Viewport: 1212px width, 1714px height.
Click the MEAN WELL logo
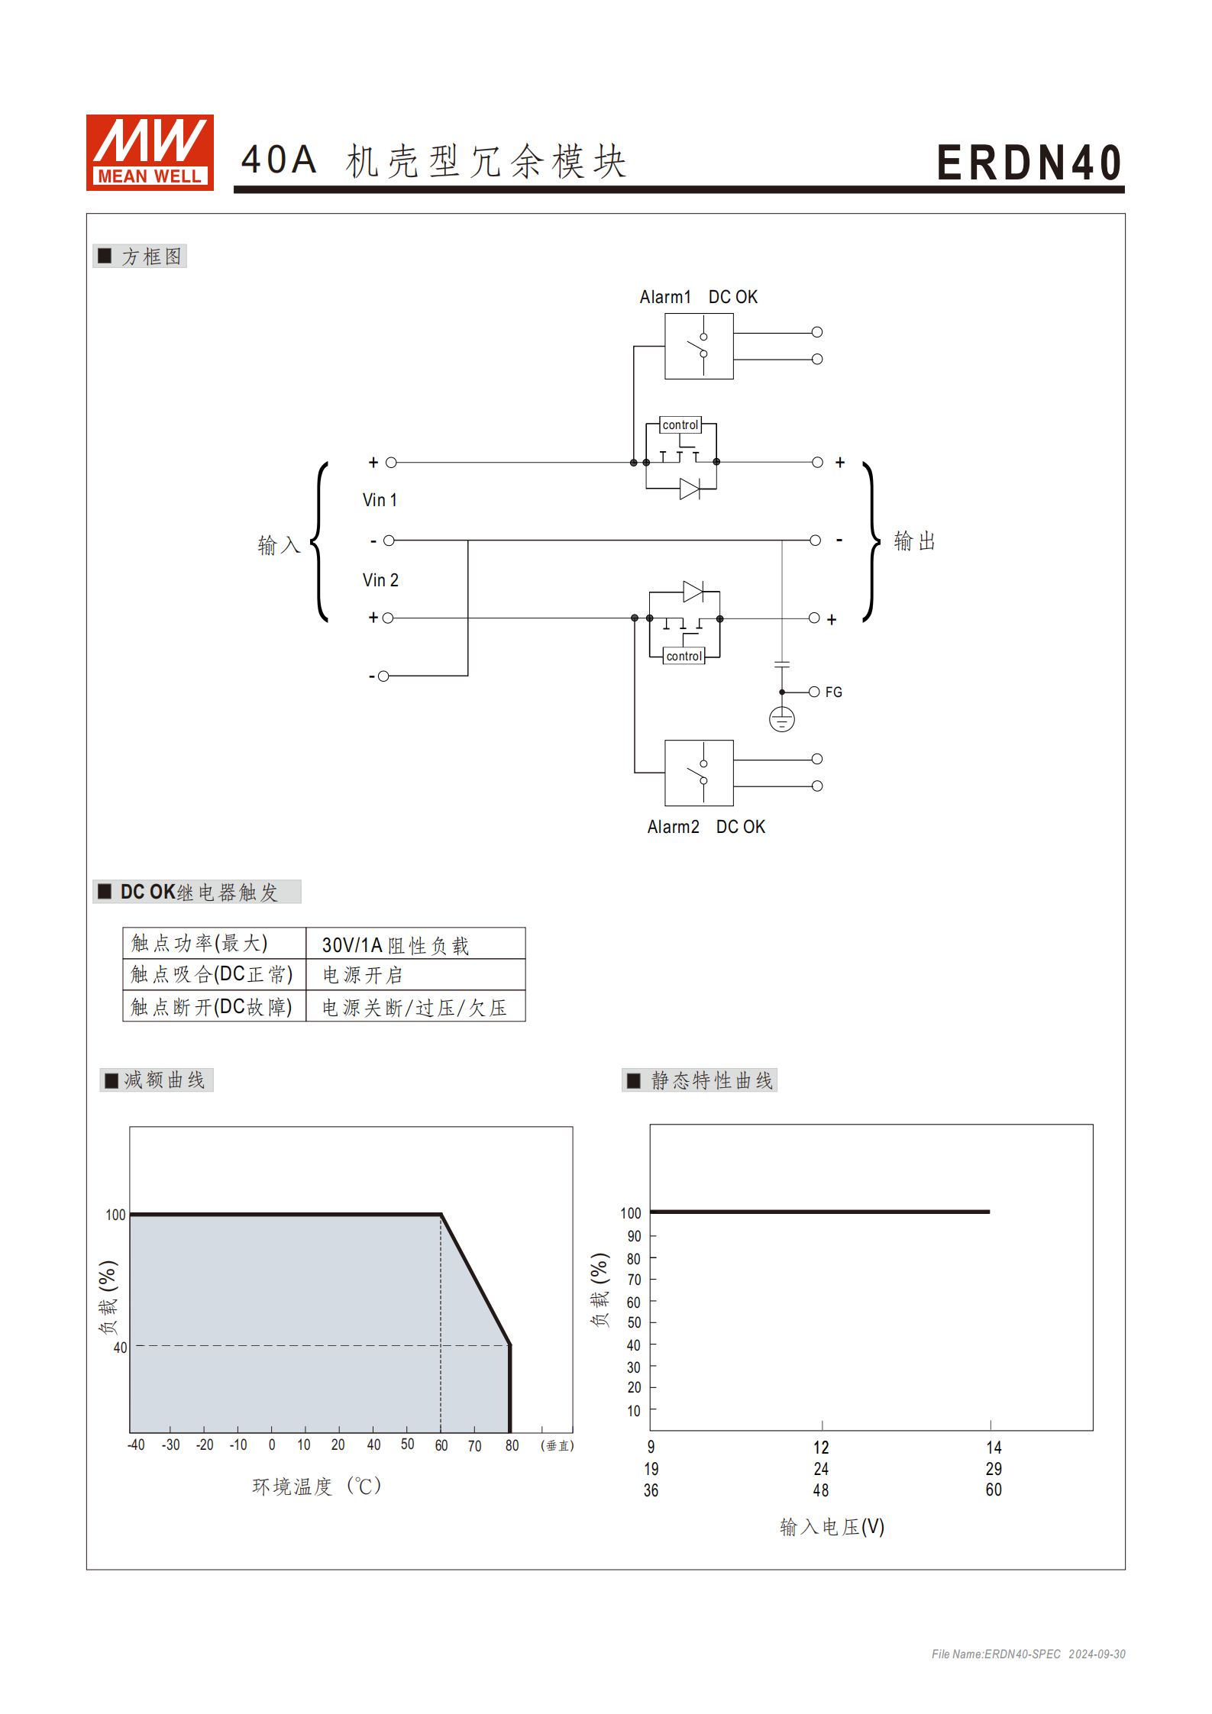click(150, 152)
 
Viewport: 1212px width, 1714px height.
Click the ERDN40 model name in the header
click(1029, 163)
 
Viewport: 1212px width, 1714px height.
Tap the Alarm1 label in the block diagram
click(664, 297)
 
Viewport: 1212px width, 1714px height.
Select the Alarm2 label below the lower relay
click(673, 827)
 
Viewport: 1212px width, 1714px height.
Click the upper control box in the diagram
click(680, 424)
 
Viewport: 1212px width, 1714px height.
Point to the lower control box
click(684, 656)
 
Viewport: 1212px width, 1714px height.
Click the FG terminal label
click(833, 692)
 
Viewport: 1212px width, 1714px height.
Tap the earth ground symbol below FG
click(781, 719)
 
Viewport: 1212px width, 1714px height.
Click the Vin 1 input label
click(380, 500)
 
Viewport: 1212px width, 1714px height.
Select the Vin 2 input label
click(380, 580)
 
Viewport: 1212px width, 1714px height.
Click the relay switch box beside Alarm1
click(699, 347)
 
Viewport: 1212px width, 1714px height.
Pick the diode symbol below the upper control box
click(690, 489)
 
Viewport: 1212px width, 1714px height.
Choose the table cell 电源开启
click(362, 975)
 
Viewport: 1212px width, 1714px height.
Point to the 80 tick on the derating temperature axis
click(512, 1445)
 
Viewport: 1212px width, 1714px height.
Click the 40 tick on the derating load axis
click(120, 1348)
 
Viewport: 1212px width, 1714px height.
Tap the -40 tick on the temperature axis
click(136, 1445)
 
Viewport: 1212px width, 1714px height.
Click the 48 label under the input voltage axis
click(821, 1490)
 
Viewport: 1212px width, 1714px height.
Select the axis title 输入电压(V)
click(832, 1527)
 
